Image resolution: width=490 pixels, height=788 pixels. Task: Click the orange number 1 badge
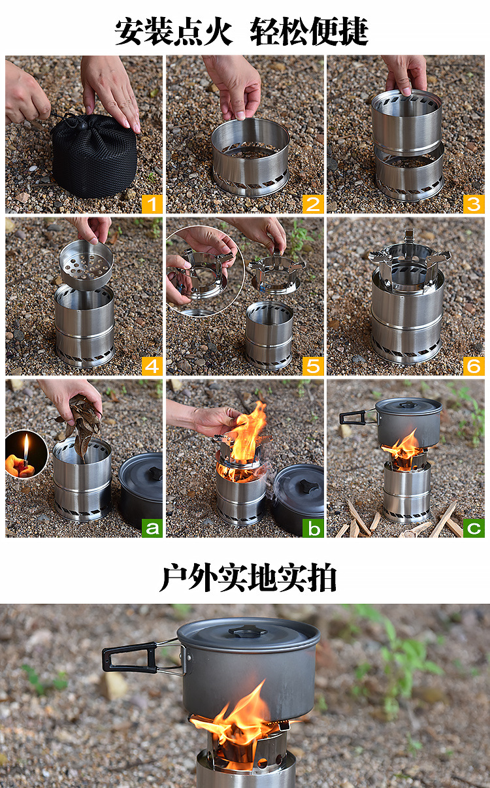(x=152, y=205)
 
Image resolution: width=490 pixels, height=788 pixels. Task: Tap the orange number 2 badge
(x=313, y=205)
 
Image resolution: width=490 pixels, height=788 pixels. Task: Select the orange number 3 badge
(x=474, y=205)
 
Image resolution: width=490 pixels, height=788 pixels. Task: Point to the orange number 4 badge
(x=152, y=366)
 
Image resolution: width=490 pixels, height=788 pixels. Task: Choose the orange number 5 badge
(x=313, y=366)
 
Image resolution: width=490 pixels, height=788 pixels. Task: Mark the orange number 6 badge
(x=474, y=366)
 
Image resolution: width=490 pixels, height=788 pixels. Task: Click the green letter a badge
(x=152, y=529)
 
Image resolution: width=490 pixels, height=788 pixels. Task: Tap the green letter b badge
(x=313, y=529)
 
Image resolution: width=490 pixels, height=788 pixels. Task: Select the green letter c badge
(x=474, y=529)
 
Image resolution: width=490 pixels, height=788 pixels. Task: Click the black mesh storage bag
(x=94, y=155)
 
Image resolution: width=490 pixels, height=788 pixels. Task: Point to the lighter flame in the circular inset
(x=26, y=446)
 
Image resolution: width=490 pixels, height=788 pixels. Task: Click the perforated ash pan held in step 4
(x=86, y=264)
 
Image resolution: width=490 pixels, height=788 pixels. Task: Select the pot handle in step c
(x=355, y=418)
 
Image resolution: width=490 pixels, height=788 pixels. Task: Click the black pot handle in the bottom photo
(x=130, y=657)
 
